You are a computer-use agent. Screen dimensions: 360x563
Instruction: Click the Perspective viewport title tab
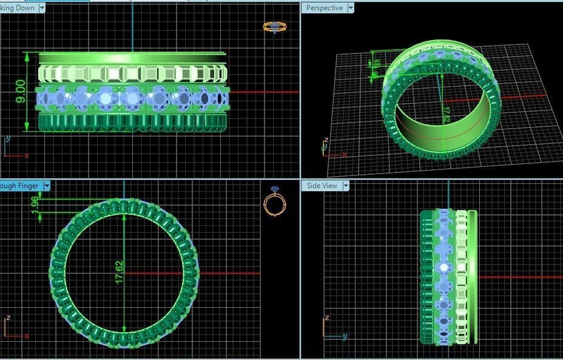point(324,8)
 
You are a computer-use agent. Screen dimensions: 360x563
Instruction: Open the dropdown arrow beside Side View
point(346,186)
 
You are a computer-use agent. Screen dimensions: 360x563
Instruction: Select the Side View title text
point(322,186)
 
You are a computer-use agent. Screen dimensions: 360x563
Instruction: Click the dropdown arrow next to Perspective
point(350,8)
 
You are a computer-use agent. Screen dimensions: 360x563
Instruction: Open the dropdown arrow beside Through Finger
point(46,186)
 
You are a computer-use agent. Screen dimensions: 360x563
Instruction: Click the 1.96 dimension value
point(35,205)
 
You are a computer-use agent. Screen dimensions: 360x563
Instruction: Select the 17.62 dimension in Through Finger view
point(119,273)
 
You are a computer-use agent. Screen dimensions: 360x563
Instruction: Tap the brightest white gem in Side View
point(445,267)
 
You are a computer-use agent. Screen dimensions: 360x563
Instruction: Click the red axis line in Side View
point(516,277)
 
